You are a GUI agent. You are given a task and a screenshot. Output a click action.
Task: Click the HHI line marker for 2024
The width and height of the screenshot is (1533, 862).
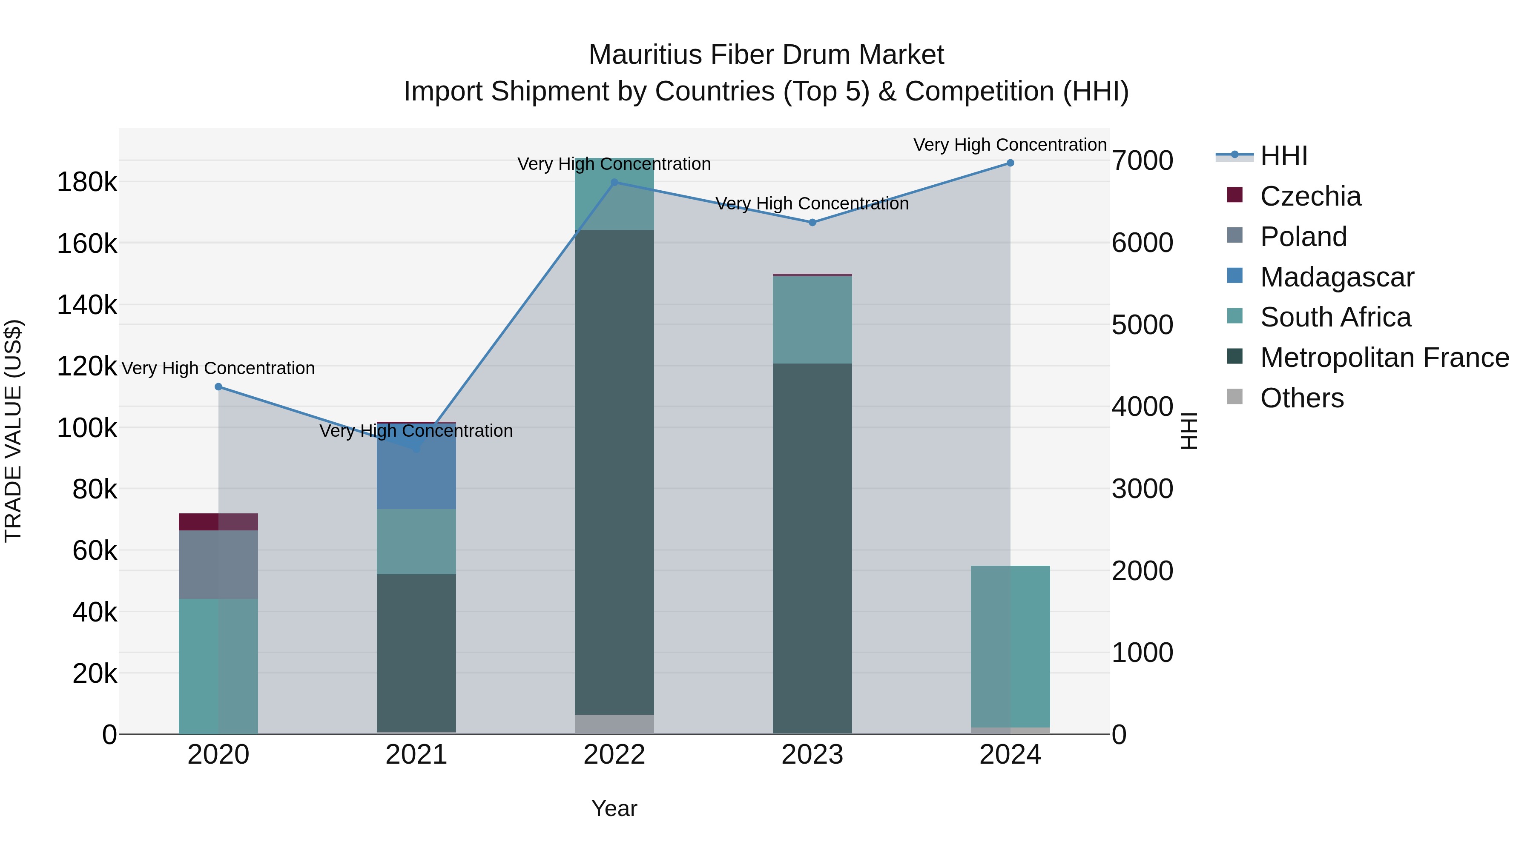(x=1010, y=163)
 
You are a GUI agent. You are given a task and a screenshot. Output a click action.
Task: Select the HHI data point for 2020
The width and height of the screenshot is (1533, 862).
(x=218, y=387)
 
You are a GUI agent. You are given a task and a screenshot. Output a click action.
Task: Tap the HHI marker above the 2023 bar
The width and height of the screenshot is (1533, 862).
(x=812, y=223)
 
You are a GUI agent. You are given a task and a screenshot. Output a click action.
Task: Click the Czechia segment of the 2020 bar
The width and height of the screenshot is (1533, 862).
(x=218, y=522)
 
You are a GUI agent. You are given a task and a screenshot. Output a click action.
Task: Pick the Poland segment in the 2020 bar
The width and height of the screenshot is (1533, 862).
(x=218, y=564)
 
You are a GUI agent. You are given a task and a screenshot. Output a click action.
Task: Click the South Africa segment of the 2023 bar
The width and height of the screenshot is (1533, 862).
(x=812, y=319)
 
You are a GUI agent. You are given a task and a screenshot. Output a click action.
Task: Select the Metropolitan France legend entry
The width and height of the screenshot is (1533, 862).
(x=1384, y=358)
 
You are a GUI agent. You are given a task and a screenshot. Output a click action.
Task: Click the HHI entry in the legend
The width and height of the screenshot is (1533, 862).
(x=1283, y=156)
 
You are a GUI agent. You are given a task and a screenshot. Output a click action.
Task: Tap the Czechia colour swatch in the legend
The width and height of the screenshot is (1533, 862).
(x=1235, y=195)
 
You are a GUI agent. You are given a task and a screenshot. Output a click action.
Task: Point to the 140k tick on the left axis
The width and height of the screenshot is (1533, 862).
(x=87, y=305)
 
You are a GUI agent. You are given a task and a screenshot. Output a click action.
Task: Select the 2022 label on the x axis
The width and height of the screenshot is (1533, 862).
(x=614, y=755)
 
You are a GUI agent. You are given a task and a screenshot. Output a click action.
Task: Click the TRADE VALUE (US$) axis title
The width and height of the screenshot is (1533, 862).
(x=13, y=431)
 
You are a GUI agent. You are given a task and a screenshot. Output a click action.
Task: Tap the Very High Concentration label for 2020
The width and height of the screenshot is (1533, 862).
(x=218, y=368)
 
